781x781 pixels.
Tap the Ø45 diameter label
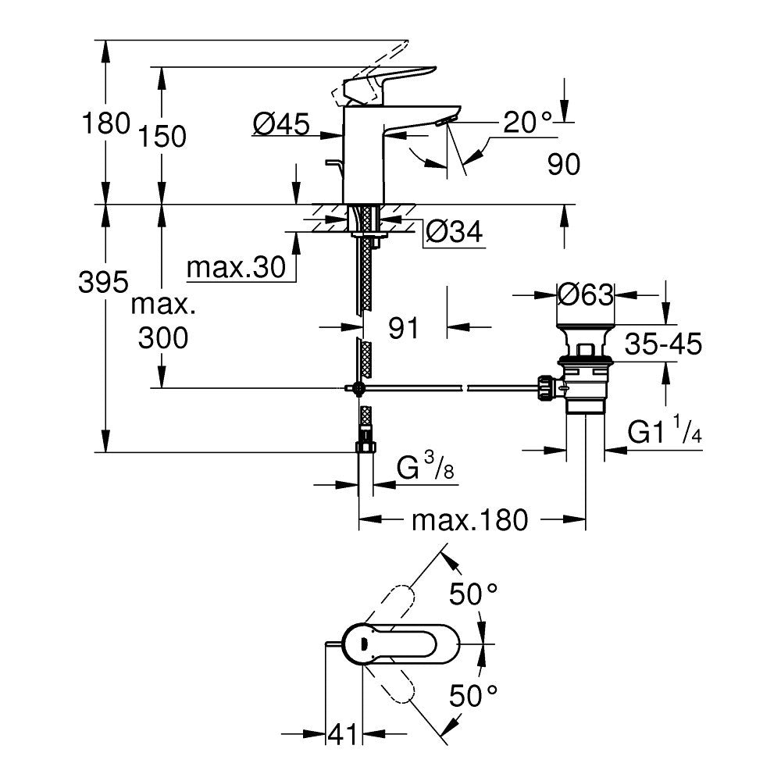[282, 123]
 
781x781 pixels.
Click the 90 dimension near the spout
[562, 165]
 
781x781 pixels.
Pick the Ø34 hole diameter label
[455, 231]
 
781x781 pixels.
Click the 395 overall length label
[103, 283]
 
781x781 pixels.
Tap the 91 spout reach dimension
[405, 328]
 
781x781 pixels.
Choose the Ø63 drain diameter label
[586, 294]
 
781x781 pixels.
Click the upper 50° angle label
[473, 595]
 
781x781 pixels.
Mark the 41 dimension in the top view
[341, 735]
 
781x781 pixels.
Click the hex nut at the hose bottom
[365, 447]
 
